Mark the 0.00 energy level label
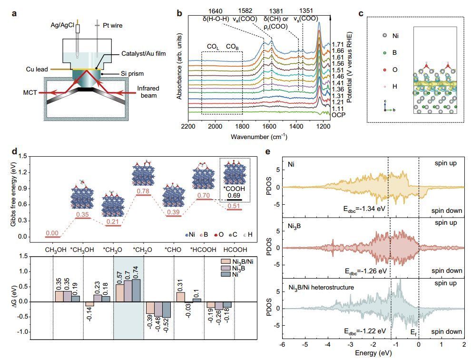(52, 233)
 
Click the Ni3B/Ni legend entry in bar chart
(242, 261)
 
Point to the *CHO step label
(172, 249)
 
